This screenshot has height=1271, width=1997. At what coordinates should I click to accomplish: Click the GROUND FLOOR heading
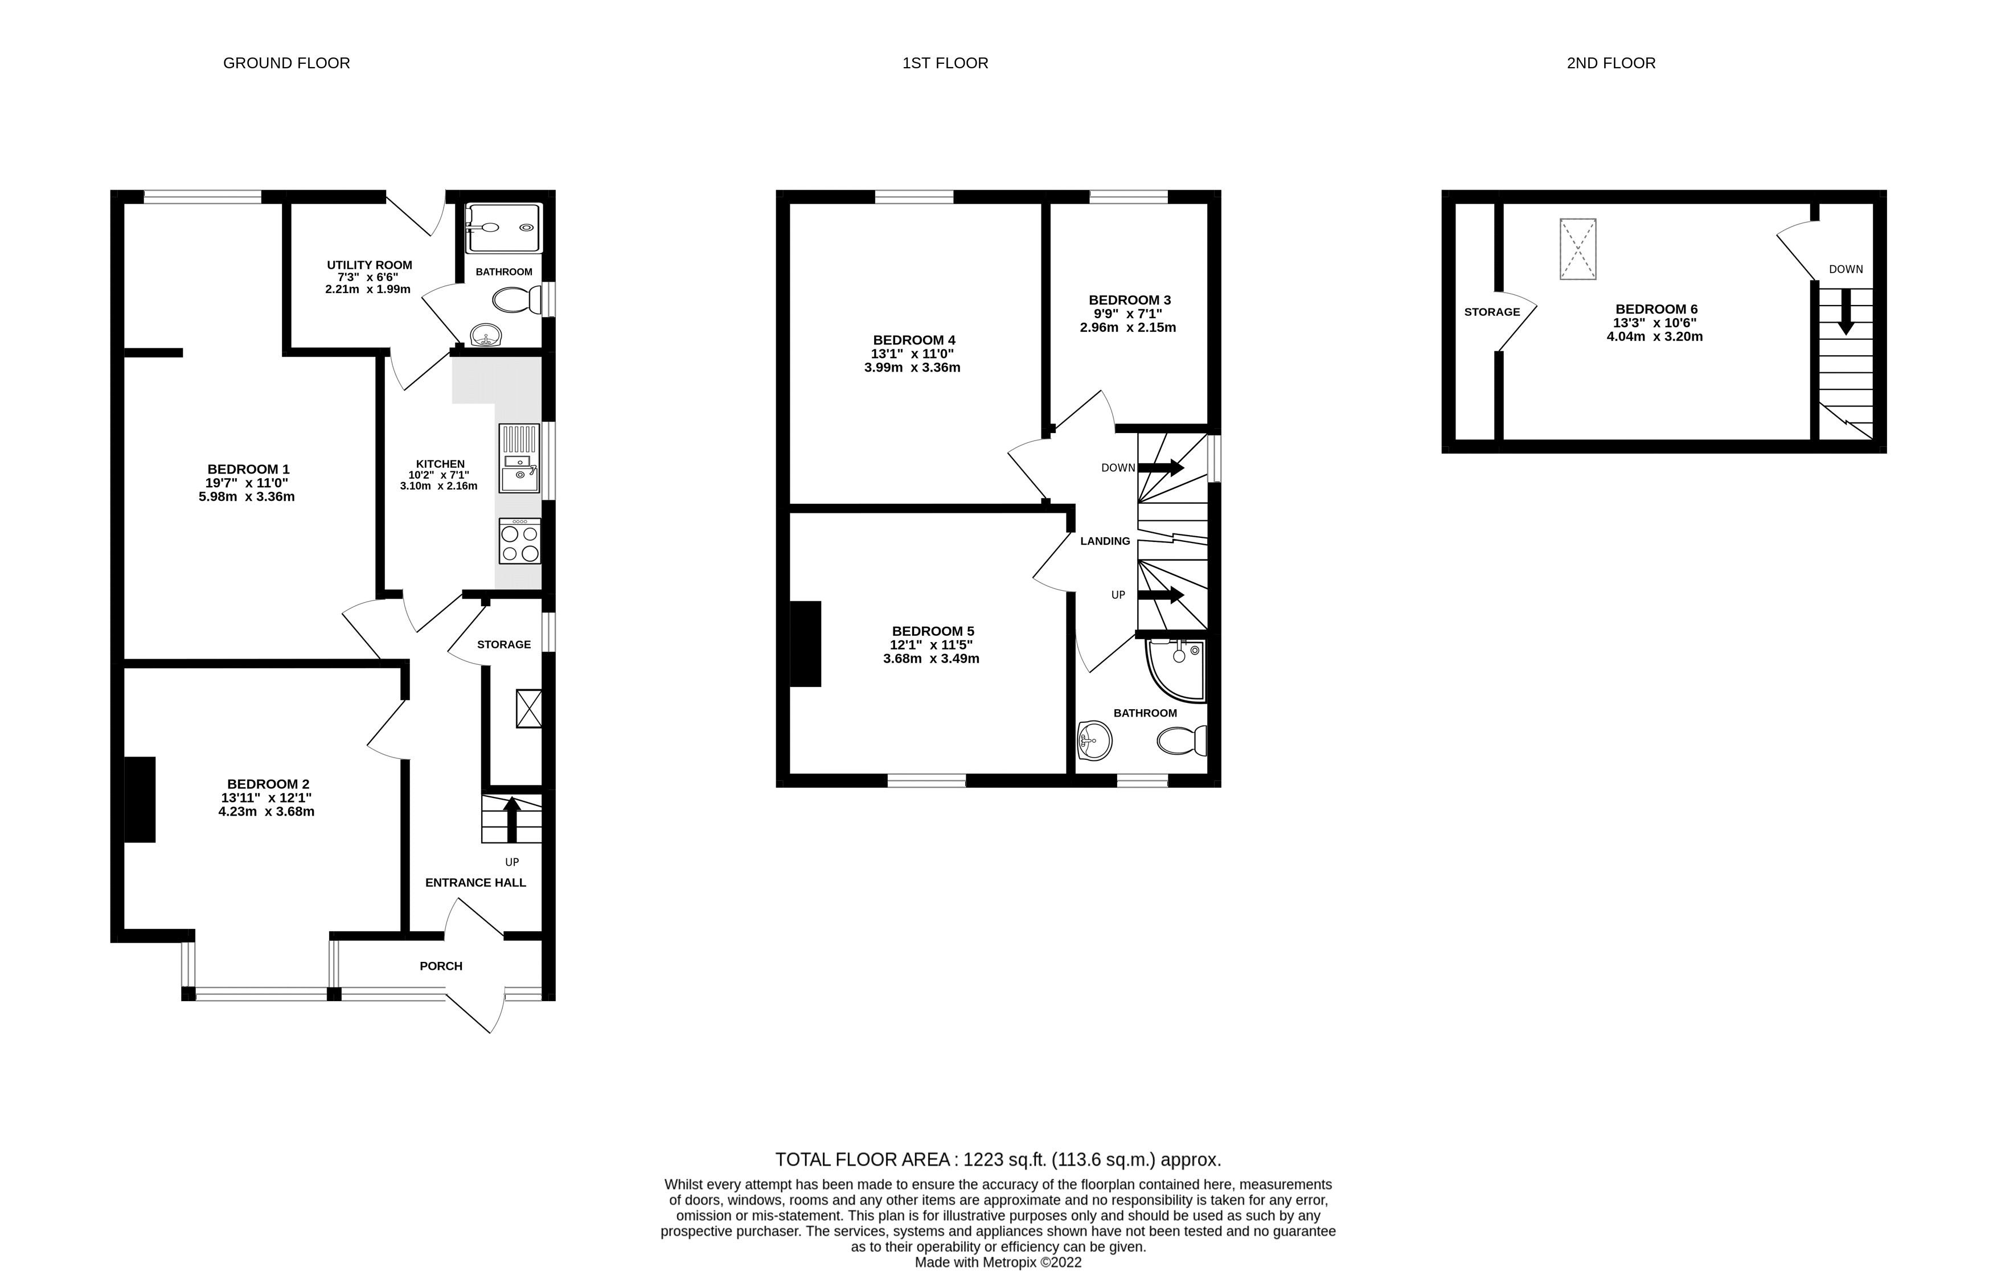tap(286, 63)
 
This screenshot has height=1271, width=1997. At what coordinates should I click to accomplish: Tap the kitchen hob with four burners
tap(520, 541)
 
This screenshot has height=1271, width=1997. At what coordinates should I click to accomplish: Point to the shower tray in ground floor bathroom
tap(503, 227)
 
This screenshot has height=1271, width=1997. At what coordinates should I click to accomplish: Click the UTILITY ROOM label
tap(369, 265)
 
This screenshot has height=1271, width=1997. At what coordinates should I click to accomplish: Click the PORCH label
tap(440, 966)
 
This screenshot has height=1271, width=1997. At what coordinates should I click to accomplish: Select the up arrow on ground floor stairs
tap(512, 818)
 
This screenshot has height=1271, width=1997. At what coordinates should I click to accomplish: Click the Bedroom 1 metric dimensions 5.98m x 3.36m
tap(247, 497)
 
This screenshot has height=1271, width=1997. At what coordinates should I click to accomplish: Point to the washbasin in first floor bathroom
tap(1094, 739)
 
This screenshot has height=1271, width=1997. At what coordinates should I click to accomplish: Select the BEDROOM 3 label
tap(1129, 300)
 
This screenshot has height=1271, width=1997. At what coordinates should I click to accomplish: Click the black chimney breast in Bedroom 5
tap(805, 643)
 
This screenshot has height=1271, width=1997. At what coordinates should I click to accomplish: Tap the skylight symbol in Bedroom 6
tap(1577, 249)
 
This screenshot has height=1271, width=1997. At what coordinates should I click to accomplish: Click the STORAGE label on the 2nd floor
tap(1491, 312)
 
